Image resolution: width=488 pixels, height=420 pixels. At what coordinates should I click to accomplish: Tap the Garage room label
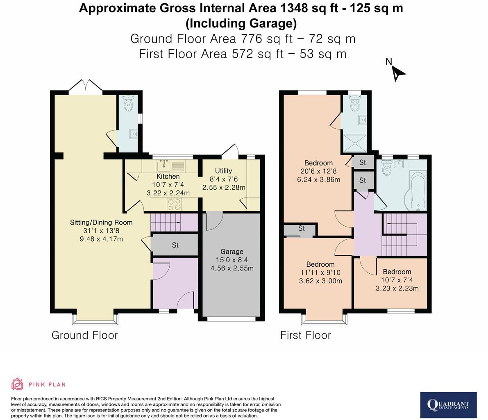click(232, 252)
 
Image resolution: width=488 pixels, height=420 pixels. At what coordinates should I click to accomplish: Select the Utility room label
click(223, 171)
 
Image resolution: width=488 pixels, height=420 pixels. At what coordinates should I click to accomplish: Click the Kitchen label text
click(168, 176)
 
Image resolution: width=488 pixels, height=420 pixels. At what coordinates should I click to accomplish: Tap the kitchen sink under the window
click(164, 166)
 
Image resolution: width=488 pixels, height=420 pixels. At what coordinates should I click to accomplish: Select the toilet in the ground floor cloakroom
click(129, 104)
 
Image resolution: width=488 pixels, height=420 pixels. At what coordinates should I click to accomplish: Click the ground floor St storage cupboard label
click(175, 245)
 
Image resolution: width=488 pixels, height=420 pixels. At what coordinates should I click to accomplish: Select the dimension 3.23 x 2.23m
click(397, 288)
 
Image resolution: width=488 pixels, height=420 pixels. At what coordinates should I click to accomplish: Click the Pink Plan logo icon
click(17, 384)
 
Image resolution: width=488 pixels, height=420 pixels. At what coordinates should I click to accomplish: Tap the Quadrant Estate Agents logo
click(448, 405)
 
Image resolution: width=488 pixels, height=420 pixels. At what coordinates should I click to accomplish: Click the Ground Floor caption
click(84, 335)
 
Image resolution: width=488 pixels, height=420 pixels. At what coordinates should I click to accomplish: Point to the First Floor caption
click(305, 335)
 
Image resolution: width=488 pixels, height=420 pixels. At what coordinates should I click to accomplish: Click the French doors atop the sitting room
click(86, 86)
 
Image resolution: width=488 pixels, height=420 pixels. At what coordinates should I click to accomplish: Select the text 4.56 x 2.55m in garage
click(232, 268)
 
